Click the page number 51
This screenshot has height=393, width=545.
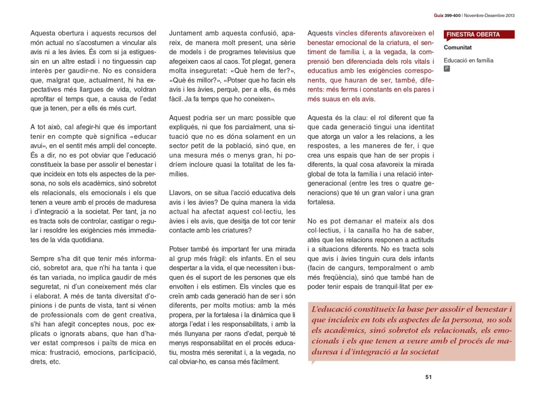coord(428,377)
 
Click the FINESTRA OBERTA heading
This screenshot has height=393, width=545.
coord(473,35)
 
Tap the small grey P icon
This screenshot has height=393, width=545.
coord(447,69)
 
